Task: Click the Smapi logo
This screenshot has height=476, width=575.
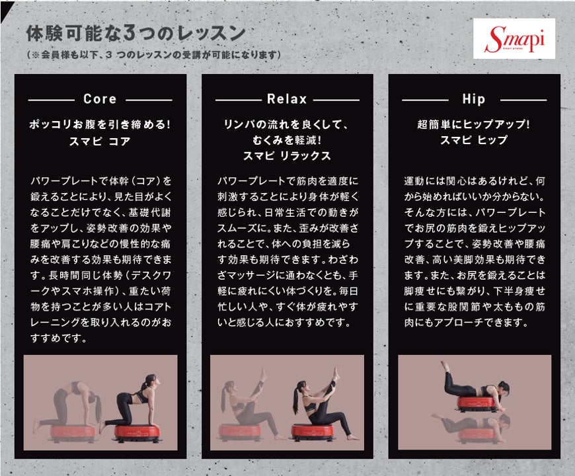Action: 514,38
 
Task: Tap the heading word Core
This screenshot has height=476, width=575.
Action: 100,99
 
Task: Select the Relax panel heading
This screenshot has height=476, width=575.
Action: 287,99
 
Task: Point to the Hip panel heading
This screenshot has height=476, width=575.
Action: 474,99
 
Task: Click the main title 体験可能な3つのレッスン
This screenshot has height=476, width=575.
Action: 135,34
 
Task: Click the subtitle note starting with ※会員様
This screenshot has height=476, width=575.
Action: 153,55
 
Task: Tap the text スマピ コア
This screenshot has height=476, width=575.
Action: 100,141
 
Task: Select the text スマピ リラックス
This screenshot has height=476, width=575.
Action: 287,156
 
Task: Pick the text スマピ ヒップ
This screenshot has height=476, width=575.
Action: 474,139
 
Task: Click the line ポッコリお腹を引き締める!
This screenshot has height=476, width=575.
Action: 100,125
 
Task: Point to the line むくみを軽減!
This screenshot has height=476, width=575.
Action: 287,140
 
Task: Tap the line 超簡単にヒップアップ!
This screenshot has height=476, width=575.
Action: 474,124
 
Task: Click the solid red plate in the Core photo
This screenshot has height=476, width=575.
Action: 137,433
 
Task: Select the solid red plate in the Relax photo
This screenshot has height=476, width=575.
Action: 312,432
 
